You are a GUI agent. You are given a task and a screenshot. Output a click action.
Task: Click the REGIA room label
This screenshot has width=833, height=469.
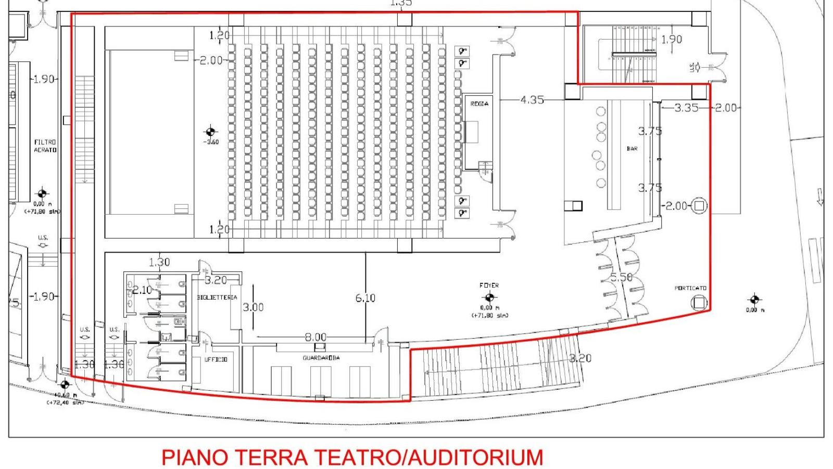coord(479,104)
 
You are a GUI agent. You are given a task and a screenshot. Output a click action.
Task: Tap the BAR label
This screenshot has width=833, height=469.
coord(632,149)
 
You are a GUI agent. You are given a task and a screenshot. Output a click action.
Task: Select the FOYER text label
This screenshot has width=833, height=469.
coord(489,286)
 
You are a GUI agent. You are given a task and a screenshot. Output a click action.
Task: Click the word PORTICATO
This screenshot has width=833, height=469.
coord(690,288)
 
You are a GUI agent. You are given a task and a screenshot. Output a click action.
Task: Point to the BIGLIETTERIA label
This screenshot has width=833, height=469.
coord(217,298)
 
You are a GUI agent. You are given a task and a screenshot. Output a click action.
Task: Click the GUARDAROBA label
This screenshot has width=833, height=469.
coord(321,358)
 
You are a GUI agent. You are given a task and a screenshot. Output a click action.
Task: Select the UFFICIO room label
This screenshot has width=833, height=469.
coord(216,360)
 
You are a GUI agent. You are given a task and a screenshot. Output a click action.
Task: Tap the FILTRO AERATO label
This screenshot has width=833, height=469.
coord(45,146)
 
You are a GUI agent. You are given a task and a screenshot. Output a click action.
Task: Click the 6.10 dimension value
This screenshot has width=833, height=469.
coord(365,298)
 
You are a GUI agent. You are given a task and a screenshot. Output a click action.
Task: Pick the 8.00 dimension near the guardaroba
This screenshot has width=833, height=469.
coord(315,337)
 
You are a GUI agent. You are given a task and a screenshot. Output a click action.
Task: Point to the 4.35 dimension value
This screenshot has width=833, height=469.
coord(532,100)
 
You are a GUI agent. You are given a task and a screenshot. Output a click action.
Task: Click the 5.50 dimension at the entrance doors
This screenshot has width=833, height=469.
coord(621,277)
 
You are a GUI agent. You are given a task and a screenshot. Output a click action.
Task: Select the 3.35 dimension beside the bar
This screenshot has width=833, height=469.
coord(686,108)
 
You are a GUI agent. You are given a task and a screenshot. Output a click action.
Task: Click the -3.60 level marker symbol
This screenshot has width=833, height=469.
coord(210,131)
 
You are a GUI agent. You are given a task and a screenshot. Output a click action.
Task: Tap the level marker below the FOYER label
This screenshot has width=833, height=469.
coord(489,298)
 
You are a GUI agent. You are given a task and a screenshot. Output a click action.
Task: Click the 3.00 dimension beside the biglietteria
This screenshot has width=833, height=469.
coord(253,307)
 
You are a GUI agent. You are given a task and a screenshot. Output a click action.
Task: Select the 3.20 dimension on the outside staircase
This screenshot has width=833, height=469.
coord(580,358)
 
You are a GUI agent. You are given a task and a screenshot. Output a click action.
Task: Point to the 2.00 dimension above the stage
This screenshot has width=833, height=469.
coord(211,60)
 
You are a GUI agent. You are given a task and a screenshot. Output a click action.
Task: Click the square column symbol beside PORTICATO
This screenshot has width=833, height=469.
coord(699,302)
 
